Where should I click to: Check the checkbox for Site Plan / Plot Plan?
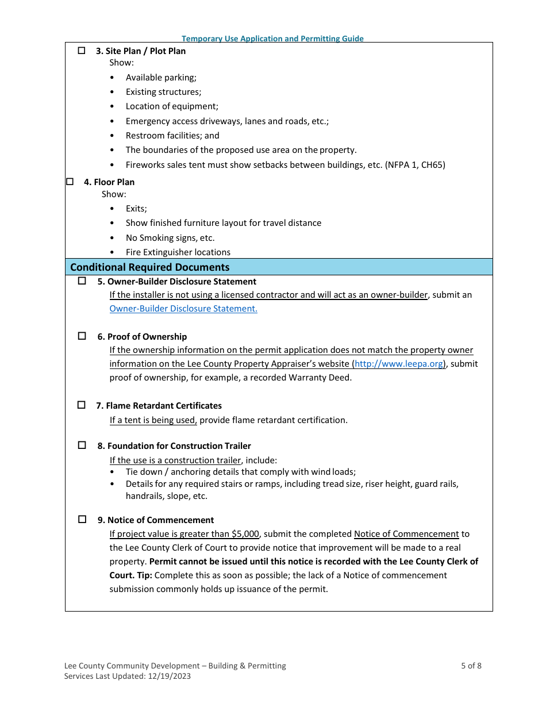(x=82, y=51)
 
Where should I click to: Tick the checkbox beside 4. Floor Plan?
(x=70, y=182)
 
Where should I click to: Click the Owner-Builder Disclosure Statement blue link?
(x=183, y=309)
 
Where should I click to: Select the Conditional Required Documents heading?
(x=149, y=267)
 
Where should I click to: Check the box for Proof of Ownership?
(x=82, y=336)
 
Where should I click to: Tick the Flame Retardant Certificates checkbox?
(x=82, y=405)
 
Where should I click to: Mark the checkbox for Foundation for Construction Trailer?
(x=82, y=445)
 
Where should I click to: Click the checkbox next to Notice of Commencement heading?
(x=82, y=520)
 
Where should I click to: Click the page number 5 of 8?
(x=471, y=666)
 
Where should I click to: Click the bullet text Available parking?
(x=161, y=78)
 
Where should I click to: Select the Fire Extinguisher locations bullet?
(x=178, y=252)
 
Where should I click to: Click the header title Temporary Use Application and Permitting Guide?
(x=272, y=39)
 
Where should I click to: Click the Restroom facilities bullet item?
(x=172, y=136)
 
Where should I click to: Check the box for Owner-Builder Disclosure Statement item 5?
(x=82, y=281)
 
